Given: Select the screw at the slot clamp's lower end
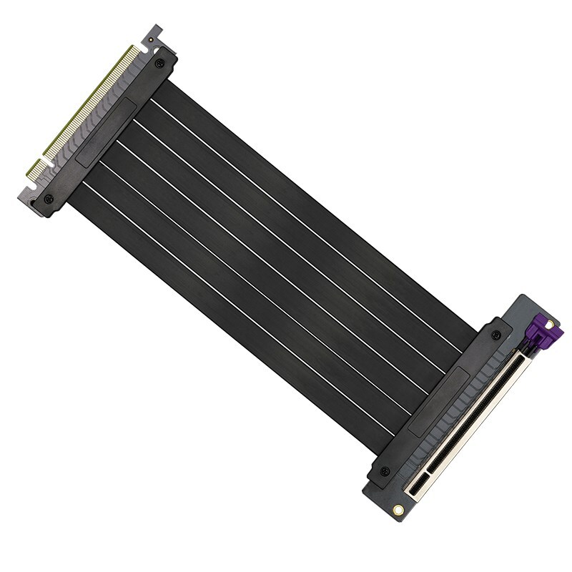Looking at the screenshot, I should point(385,471).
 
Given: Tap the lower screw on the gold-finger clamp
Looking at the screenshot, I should point(49,198).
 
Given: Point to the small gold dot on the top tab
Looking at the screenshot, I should point(152,39).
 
